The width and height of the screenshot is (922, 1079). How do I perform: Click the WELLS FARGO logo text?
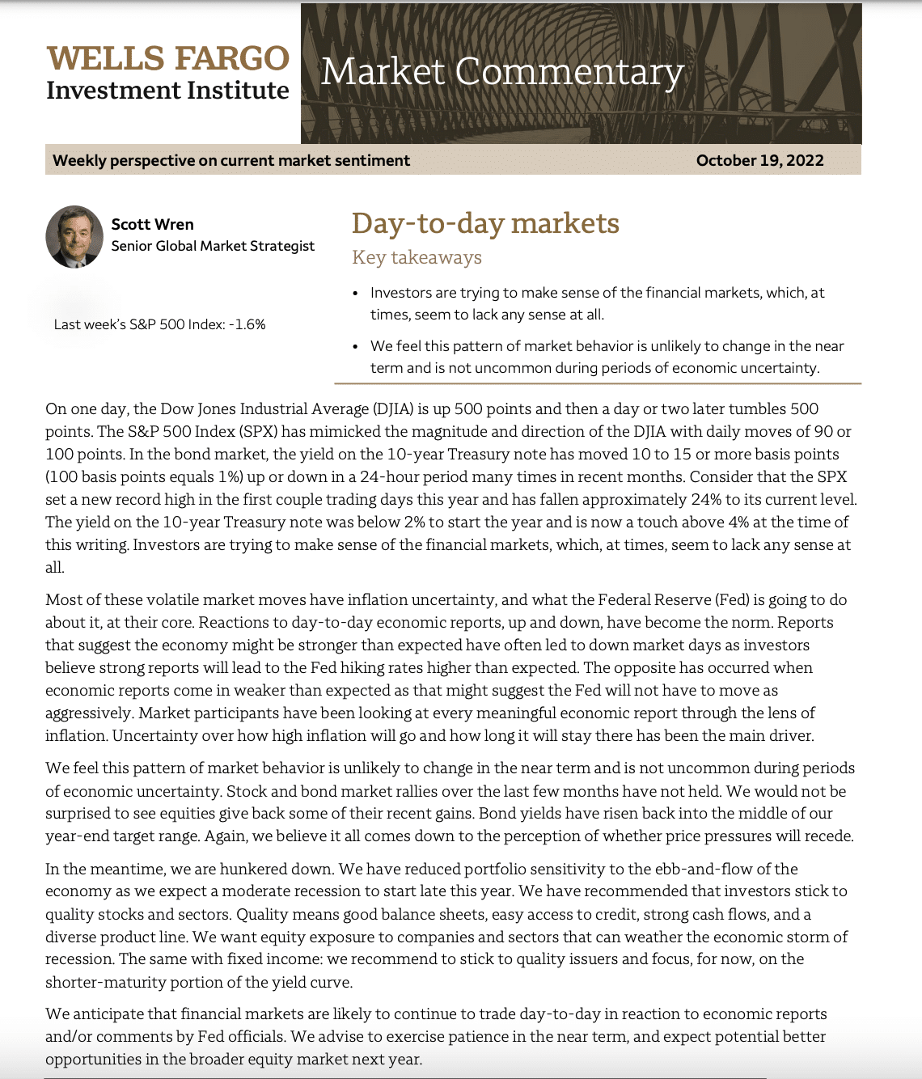pos(167,59)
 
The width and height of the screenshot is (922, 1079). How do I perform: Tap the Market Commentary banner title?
pos(502,72)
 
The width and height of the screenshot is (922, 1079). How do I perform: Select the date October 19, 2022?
pos(759,160)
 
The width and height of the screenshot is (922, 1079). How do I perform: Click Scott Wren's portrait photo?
pos(74,236)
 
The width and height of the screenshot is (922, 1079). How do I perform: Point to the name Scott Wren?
pos(152,224)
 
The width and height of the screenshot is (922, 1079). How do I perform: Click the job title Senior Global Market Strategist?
pos(213,246)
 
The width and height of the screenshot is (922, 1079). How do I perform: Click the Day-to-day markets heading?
pos(485,223)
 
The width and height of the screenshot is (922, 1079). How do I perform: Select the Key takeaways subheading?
pos(417,257)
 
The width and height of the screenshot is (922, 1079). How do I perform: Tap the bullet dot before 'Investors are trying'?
pos(356,294)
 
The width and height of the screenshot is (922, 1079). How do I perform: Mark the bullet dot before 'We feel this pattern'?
pos(356,347)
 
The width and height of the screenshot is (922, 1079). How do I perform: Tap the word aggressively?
pos(88,713)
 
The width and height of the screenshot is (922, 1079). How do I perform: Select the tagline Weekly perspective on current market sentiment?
pos(231,160)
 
